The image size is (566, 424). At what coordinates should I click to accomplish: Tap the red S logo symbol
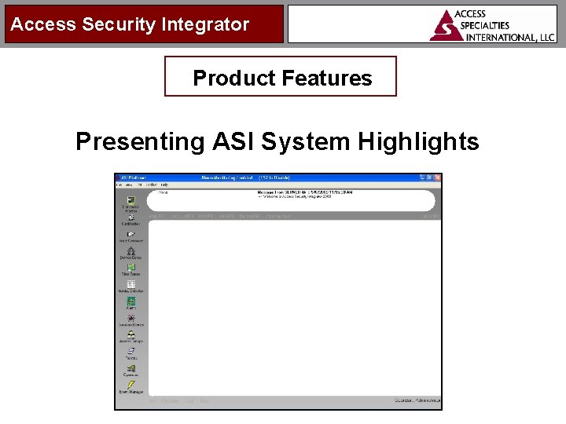tap(447, 26)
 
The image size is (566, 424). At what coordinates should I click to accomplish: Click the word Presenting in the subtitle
tap(139, 141)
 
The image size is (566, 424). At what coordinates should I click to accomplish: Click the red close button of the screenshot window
tap(438, 177)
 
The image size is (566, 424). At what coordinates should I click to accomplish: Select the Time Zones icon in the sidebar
tap(130, 268)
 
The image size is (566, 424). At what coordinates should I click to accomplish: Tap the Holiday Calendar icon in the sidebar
tap(130, 285)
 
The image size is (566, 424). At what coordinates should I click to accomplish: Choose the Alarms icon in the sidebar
tap(130, 302)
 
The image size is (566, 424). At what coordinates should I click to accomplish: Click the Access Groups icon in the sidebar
tap(130, 335)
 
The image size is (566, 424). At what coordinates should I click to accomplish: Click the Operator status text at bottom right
tap(417, 400)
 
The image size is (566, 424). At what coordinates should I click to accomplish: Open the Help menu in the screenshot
tap(164, 185)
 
